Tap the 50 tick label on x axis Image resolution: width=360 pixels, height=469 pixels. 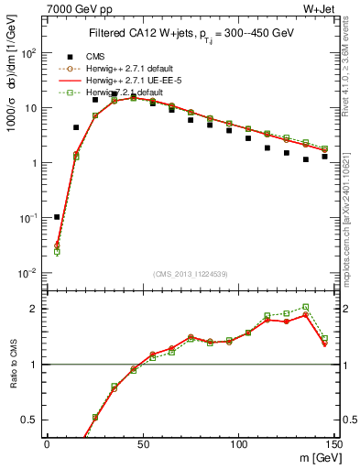(x=143, y=444)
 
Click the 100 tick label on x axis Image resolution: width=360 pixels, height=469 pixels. (x=239, y=444)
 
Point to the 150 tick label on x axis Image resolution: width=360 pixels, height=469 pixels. (x=335, y=444)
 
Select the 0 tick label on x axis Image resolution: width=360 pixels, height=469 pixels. (x=47, y=444)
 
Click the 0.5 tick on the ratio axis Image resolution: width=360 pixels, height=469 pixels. (x=31, y=420)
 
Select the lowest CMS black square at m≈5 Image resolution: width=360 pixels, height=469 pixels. (x=57, y=217)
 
